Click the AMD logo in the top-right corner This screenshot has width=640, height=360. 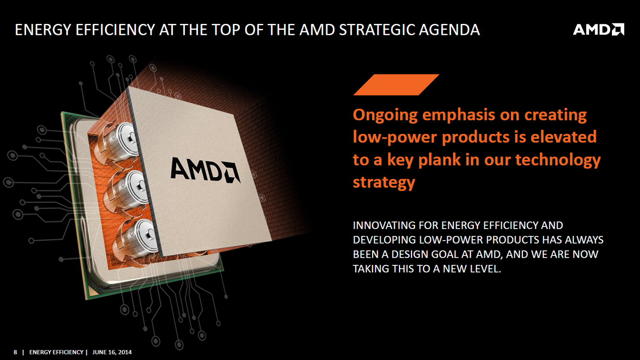(x=599, y=29)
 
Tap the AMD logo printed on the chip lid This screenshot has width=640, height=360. (x=205, y=170)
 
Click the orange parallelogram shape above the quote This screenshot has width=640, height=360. (x=396, y=84)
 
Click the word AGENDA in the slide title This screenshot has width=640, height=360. (x=449, y=30)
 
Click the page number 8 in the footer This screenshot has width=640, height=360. (x=15, y=352)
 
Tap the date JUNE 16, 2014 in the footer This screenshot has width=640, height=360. (x=112, y=352)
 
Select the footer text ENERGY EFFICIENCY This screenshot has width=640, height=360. (x=56, y=352)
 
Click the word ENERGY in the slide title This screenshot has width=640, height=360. (x=43, y=30)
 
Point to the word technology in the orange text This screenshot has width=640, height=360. (x=558, y=160)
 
